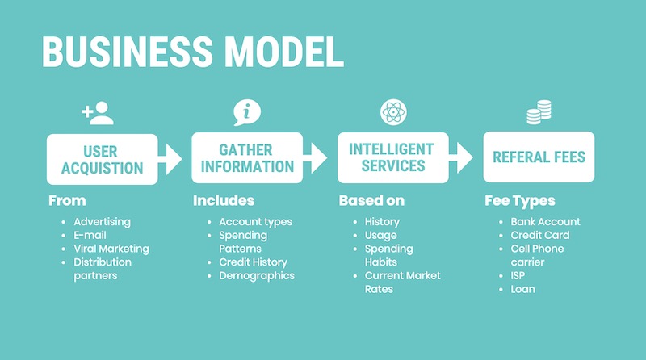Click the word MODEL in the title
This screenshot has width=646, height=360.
[x=285, y=52]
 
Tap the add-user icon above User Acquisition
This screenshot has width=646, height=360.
[x=98, y=113]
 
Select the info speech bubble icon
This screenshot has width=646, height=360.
[x=247, y=112]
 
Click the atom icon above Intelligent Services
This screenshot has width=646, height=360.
[x=393, y=112]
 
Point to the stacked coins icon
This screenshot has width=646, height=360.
[x=539, y=112]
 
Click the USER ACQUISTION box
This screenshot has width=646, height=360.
[x=103, y=159]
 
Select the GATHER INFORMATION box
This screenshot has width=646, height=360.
[x=247, y=157]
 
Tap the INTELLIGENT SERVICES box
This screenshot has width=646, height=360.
[x=393, y=157]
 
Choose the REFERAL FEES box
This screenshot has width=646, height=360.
[x=539, y=157]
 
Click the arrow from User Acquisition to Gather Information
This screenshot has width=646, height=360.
[x=170, y=159]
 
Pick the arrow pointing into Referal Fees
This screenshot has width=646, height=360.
[x=461, y=157]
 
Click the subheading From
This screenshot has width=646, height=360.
[x=67, y=201]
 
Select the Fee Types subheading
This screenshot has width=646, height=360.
[x=520, y=201]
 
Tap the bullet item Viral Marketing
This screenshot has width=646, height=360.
[x=111, y=249]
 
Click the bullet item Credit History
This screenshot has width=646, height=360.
[x=253, y=262]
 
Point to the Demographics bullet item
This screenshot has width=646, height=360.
[x=257, y=276]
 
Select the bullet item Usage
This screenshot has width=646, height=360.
[x=380, y=236]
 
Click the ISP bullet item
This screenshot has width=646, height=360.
[x=518, y=275]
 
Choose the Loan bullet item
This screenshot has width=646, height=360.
[x=522, y=289]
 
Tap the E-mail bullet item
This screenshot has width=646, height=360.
[x=90, y=235]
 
